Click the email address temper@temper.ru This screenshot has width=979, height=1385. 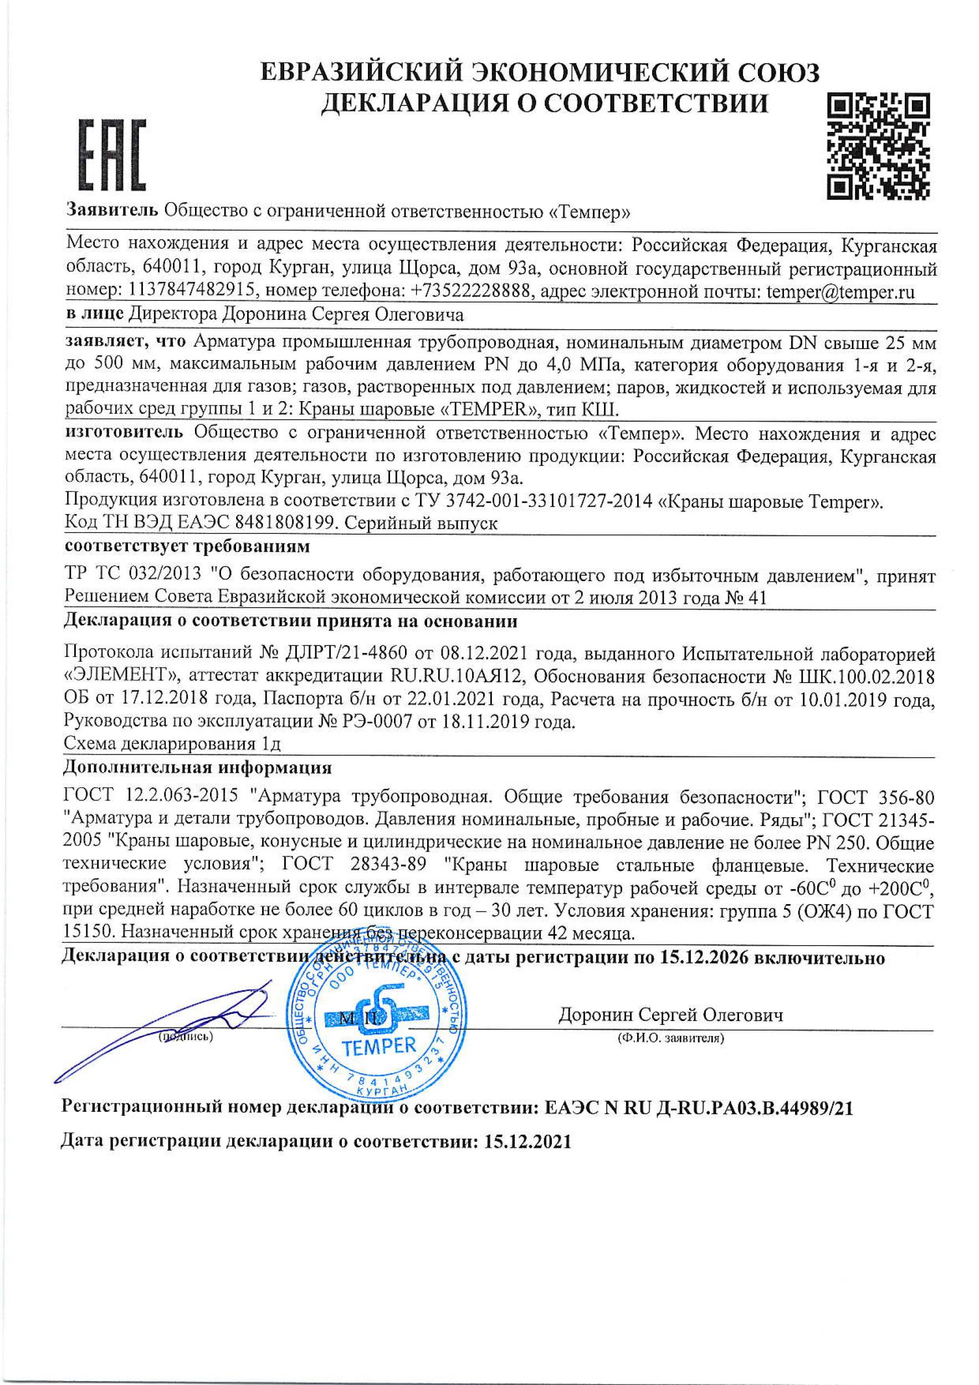(840, 293)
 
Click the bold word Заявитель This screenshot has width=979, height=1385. (112, 211)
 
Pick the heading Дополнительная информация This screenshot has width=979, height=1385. (197, 768)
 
